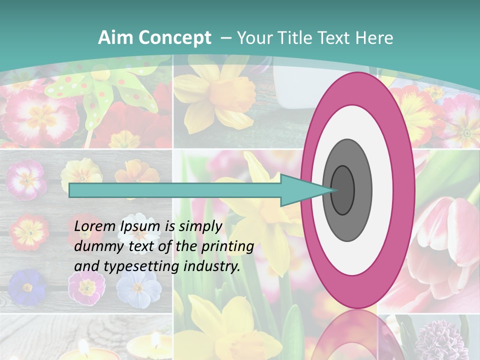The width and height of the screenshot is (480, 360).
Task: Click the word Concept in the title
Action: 174,38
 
